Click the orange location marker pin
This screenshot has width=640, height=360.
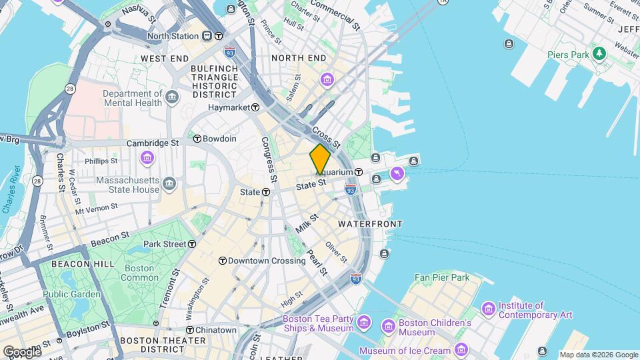(320, 159)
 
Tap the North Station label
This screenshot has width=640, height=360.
(173, 36)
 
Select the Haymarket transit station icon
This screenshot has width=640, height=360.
(255, 107)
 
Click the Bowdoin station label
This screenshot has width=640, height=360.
(219, 139)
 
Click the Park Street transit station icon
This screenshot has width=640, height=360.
(192, 244)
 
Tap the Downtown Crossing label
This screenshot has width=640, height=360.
(267, 261)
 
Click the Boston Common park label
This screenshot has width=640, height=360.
(140, 272)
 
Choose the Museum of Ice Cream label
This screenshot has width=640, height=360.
(405, 351)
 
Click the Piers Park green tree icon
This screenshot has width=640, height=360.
(599, 53)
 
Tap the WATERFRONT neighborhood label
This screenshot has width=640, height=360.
(370, 224)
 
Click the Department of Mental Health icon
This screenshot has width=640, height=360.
(173, 98)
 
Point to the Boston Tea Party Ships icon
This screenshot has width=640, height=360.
(364, 323)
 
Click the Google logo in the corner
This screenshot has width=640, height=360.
(21, 351)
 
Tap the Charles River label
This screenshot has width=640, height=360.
(9, 190)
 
